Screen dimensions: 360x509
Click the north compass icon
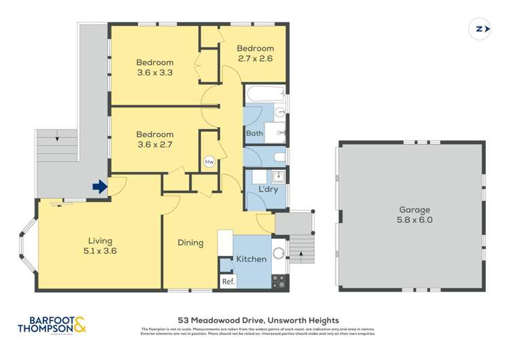(x=480, y=29)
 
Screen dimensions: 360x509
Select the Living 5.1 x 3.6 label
(x=99, y=245)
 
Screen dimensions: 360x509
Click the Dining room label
(x=190, y=242)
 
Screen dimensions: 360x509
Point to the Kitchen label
(x=251, y=259)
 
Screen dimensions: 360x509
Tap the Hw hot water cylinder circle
(x=209, y=162)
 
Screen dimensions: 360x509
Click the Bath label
(x=254, y=133)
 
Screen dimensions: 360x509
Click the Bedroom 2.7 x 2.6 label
(x=255, y=53)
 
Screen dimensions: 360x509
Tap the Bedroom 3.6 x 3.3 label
(x=154, y=67)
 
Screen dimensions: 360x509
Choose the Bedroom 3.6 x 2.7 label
(x=154, y=139)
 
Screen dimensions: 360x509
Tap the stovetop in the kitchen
(x=279, y=279)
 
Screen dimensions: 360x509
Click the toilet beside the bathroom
(x=279, y=158)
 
